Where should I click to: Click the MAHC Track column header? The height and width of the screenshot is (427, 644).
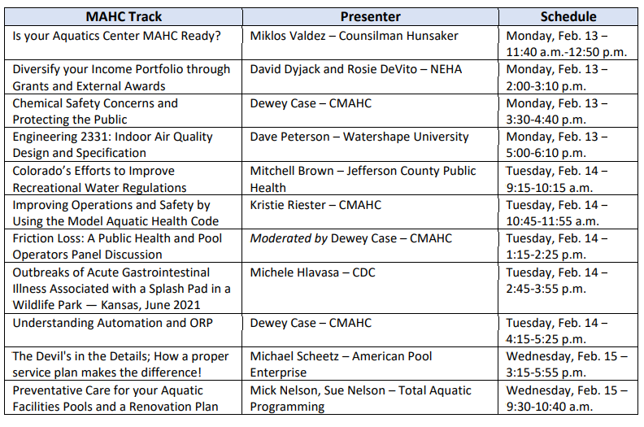(x=124, y=17)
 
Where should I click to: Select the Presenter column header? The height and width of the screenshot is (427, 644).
(x=370, y=17)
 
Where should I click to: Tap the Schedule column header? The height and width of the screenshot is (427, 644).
(x=568, y=17)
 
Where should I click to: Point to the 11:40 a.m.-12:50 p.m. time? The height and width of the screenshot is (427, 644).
(x=567, y=52)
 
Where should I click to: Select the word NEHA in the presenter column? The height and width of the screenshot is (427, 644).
(x=446, y=69)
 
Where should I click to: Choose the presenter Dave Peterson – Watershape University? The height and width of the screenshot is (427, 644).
(x=359, y=137)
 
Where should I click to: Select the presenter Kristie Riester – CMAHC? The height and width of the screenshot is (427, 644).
(x=315, y=205)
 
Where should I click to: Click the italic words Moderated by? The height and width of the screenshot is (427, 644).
(x=289, y=238)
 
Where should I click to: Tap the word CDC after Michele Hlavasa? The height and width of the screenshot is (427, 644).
(x=363, y=272)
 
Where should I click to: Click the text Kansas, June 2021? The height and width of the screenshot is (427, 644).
(x=150, y=305)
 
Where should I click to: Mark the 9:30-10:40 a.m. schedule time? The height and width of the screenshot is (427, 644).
(x=550, y=407)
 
